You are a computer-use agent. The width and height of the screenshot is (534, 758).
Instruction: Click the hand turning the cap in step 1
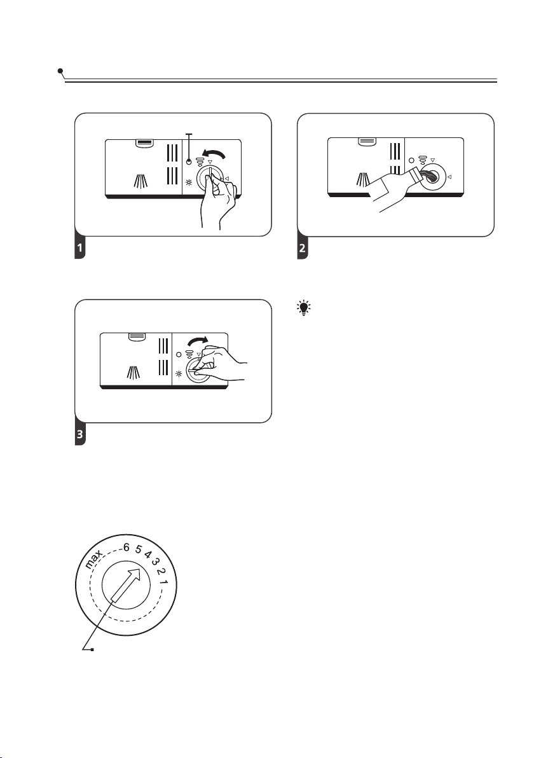[220, 203]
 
